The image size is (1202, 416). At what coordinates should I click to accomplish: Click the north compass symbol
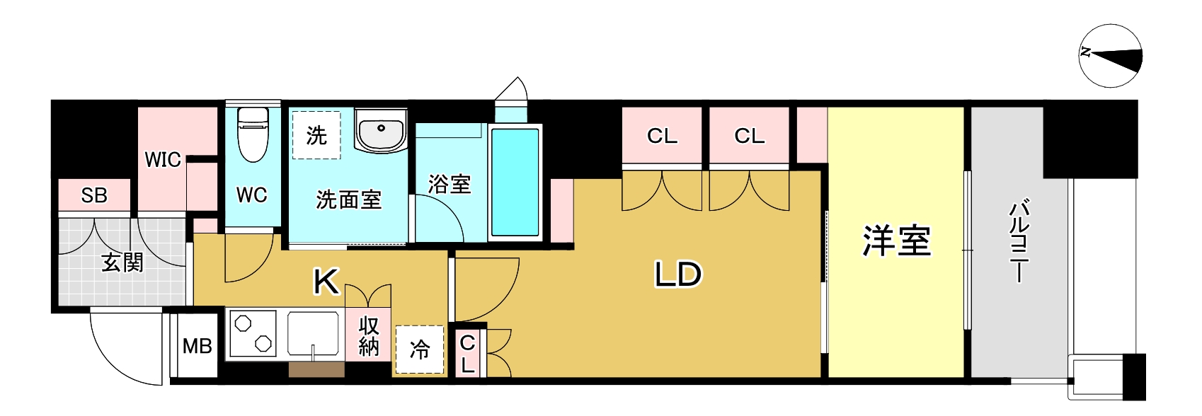pos(1110,56)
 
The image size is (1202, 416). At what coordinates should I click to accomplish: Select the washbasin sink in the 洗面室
pos(381,130)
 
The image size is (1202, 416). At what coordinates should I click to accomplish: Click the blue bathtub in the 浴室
pos(515,182)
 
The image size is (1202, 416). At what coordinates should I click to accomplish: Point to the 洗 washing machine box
pos(316,135)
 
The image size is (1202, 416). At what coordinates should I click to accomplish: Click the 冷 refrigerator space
pos(420,349)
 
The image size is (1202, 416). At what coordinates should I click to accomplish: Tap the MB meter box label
pos(197,346)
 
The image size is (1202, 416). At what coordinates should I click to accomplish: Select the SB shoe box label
pos(94,195)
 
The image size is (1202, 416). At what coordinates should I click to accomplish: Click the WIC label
pos(162,160)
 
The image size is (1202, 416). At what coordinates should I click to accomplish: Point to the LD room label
pos(677,275)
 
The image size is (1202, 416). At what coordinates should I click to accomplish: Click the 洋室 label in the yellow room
pos(896,241)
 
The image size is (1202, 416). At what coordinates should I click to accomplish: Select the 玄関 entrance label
pos(122,262)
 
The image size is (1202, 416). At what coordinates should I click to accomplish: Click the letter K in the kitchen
pos(326,281)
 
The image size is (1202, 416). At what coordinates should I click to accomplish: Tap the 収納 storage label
pos(369,336)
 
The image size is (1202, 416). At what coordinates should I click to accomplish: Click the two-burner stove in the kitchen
pos(253,334)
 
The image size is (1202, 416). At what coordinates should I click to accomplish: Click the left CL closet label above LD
pos(662,136)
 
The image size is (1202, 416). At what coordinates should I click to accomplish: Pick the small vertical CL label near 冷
pos(467,354)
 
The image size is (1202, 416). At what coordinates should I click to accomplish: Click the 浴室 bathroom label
pos(450,185)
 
